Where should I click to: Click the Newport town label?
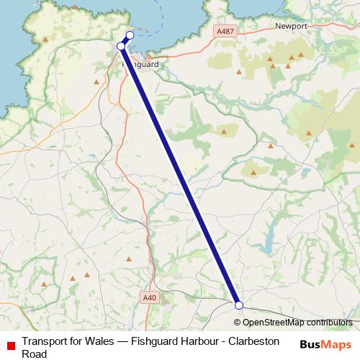291,26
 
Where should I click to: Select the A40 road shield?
149,297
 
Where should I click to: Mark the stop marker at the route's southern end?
239,305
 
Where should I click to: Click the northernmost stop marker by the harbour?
130,35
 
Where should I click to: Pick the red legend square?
9,343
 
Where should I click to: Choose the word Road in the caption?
34,354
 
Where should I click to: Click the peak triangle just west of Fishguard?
96,81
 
